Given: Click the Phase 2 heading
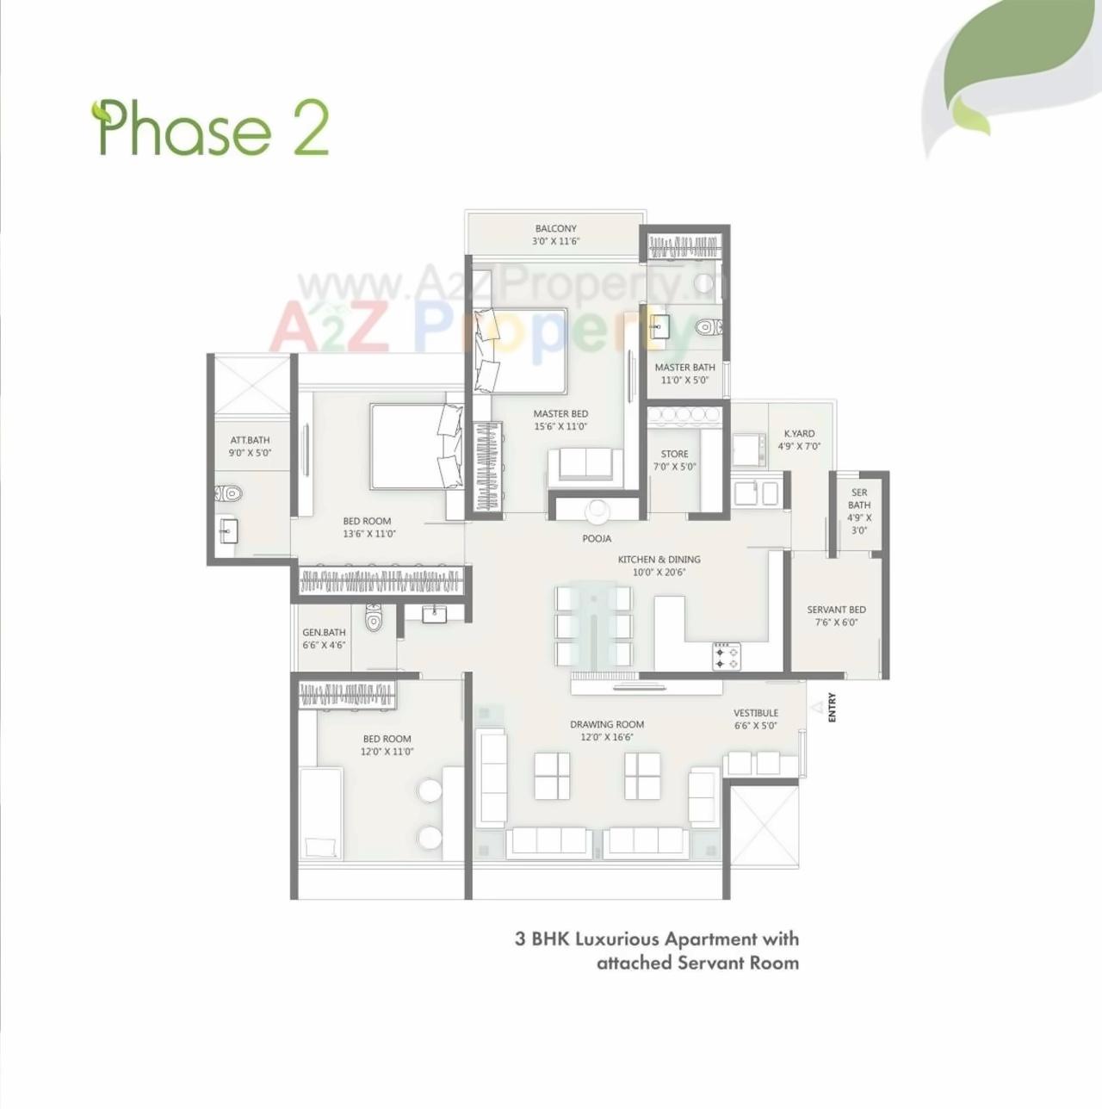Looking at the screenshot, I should (211, 129).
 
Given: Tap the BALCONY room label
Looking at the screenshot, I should (555, 228).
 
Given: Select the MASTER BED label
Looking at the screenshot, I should (560, 413).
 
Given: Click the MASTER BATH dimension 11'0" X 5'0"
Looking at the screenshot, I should (685, 380).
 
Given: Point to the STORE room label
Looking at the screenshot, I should (674, 454).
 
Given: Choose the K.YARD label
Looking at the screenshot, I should (799, 433).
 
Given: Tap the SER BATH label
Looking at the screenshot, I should (859, 499).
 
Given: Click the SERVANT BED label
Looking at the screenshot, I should (836, 610).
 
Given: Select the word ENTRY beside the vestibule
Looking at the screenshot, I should (832, 708).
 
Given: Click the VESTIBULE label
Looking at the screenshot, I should (756, 713).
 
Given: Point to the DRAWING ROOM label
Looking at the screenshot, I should (607, 724).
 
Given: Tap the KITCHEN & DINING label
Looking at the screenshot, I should (659, 559).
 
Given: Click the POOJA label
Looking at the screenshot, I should (597, 538).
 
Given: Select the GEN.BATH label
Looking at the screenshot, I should (324, 632).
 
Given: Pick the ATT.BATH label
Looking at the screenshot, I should (250, 440).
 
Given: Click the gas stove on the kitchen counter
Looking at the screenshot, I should (726, 656).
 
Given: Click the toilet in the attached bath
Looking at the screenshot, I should (228, 493).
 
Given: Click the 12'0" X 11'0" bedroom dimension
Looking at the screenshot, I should (387, 752).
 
